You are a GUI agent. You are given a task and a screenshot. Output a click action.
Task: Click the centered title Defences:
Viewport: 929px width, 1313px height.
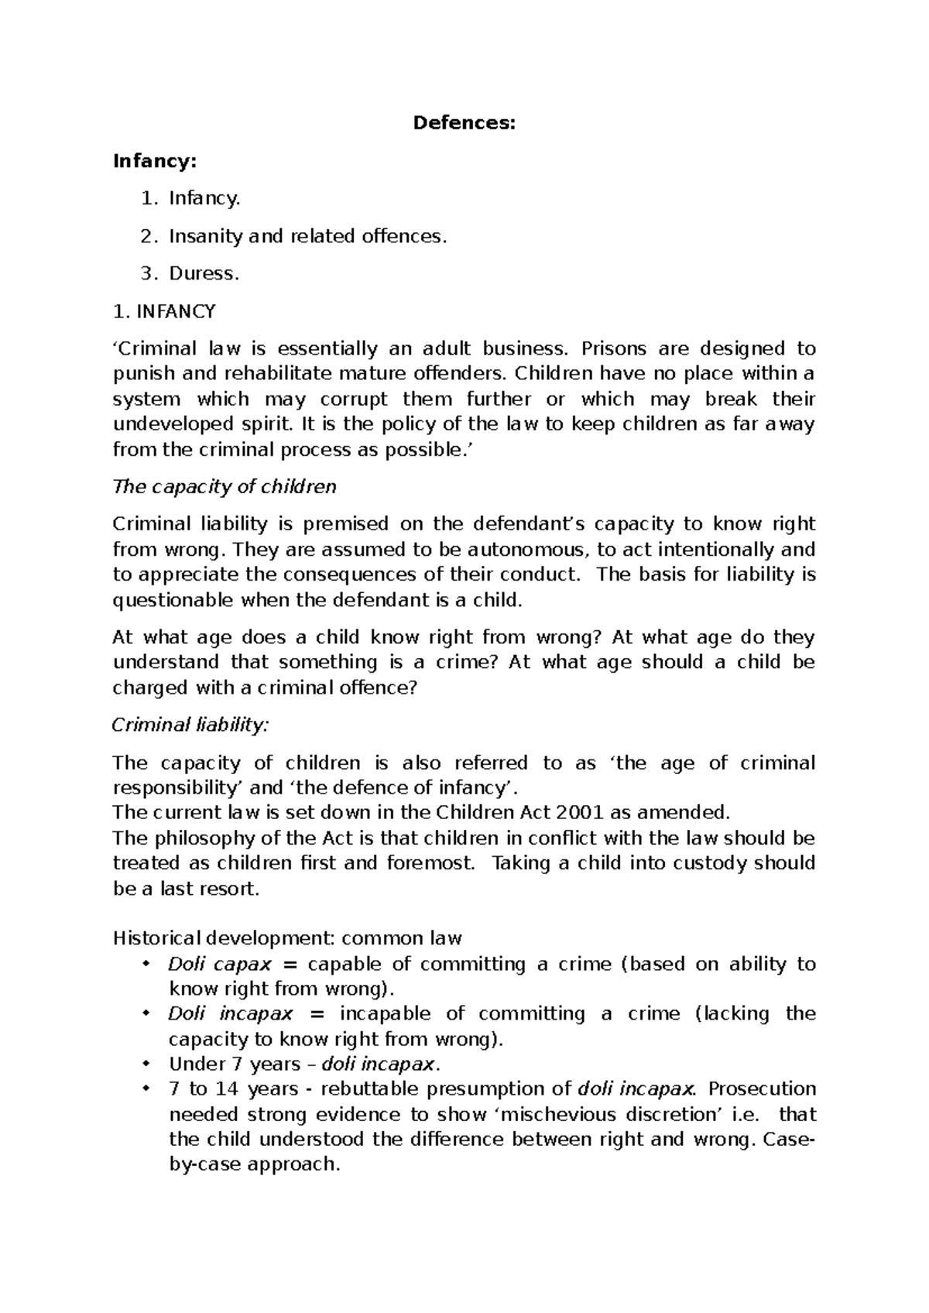pos(464,123)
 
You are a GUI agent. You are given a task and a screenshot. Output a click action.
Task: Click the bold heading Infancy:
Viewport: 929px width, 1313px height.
pos(155,161)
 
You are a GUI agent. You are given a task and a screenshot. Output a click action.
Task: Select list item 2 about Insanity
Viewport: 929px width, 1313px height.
pos(308,236)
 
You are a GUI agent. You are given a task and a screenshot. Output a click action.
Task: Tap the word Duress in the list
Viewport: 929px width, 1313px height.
pos(202,273)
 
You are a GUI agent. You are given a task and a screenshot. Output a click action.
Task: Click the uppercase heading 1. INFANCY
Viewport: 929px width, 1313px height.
pos(164,311)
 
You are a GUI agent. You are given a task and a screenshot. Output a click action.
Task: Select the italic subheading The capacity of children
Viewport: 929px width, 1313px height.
pos(225,487)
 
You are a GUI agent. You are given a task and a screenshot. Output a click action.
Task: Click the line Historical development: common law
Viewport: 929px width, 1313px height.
pos(287,938)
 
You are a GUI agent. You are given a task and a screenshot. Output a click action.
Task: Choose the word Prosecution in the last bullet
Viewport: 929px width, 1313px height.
pos(762,1089)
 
